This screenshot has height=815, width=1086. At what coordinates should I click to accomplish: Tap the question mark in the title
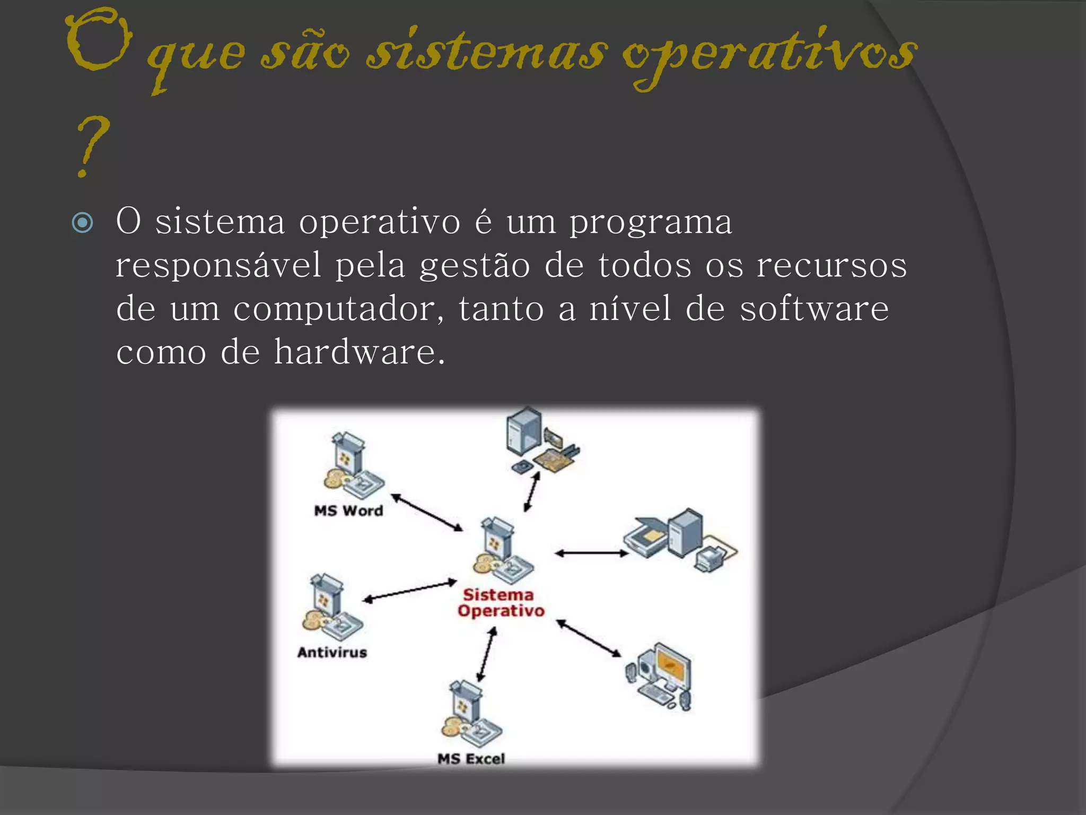[91, 146]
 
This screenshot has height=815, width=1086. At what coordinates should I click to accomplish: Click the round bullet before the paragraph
[82, 222]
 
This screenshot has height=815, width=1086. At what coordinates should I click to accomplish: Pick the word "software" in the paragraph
[814, 309]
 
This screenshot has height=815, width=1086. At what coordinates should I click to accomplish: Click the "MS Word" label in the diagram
[348, 511]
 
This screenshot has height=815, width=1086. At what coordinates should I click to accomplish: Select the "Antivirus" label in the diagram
[332, 652]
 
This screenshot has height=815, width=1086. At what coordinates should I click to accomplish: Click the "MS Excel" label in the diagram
[471, 759]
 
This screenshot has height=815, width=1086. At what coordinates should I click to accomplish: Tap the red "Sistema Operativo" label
[500, 603]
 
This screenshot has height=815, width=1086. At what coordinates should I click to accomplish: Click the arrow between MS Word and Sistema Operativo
[427, 513]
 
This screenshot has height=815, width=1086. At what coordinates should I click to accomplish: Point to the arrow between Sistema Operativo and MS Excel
[487, 654]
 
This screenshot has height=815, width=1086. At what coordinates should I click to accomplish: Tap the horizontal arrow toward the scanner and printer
[591, 553]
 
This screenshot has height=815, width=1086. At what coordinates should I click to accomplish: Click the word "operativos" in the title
[769, 56]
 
